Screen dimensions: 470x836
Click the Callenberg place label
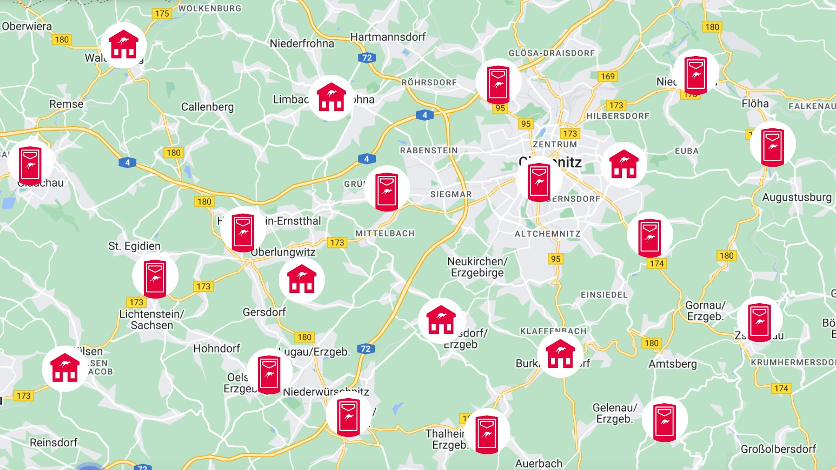[x=207, y=107]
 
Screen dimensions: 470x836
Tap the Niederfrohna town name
[x=302, y=44]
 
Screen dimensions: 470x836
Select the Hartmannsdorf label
[x=388, y=37]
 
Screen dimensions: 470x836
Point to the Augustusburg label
[x=796, y=198]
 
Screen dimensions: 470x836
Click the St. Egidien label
[x=135, y=246]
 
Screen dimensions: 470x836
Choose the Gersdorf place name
[x=264, y=312]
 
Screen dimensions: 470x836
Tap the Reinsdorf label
[x=53, y=443]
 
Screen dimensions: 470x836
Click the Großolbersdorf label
[x=778, y=449]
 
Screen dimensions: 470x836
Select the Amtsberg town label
[x=672, y=364]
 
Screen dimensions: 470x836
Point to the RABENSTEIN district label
[x=429, y=151]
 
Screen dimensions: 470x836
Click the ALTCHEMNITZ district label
[x=547, y=234]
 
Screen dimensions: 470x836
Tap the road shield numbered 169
[x=607, y=77]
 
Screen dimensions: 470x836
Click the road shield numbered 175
[x=162, y=13]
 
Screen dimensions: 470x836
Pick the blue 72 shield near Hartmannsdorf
[x=367, y=58]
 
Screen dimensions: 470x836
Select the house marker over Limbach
[x=331, y=98]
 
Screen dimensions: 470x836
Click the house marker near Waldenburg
[x=124, y=45]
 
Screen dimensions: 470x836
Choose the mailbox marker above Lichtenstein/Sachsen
[x=155, y=278]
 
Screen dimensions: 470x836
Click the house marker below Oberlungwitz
[x=301, y=279]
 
